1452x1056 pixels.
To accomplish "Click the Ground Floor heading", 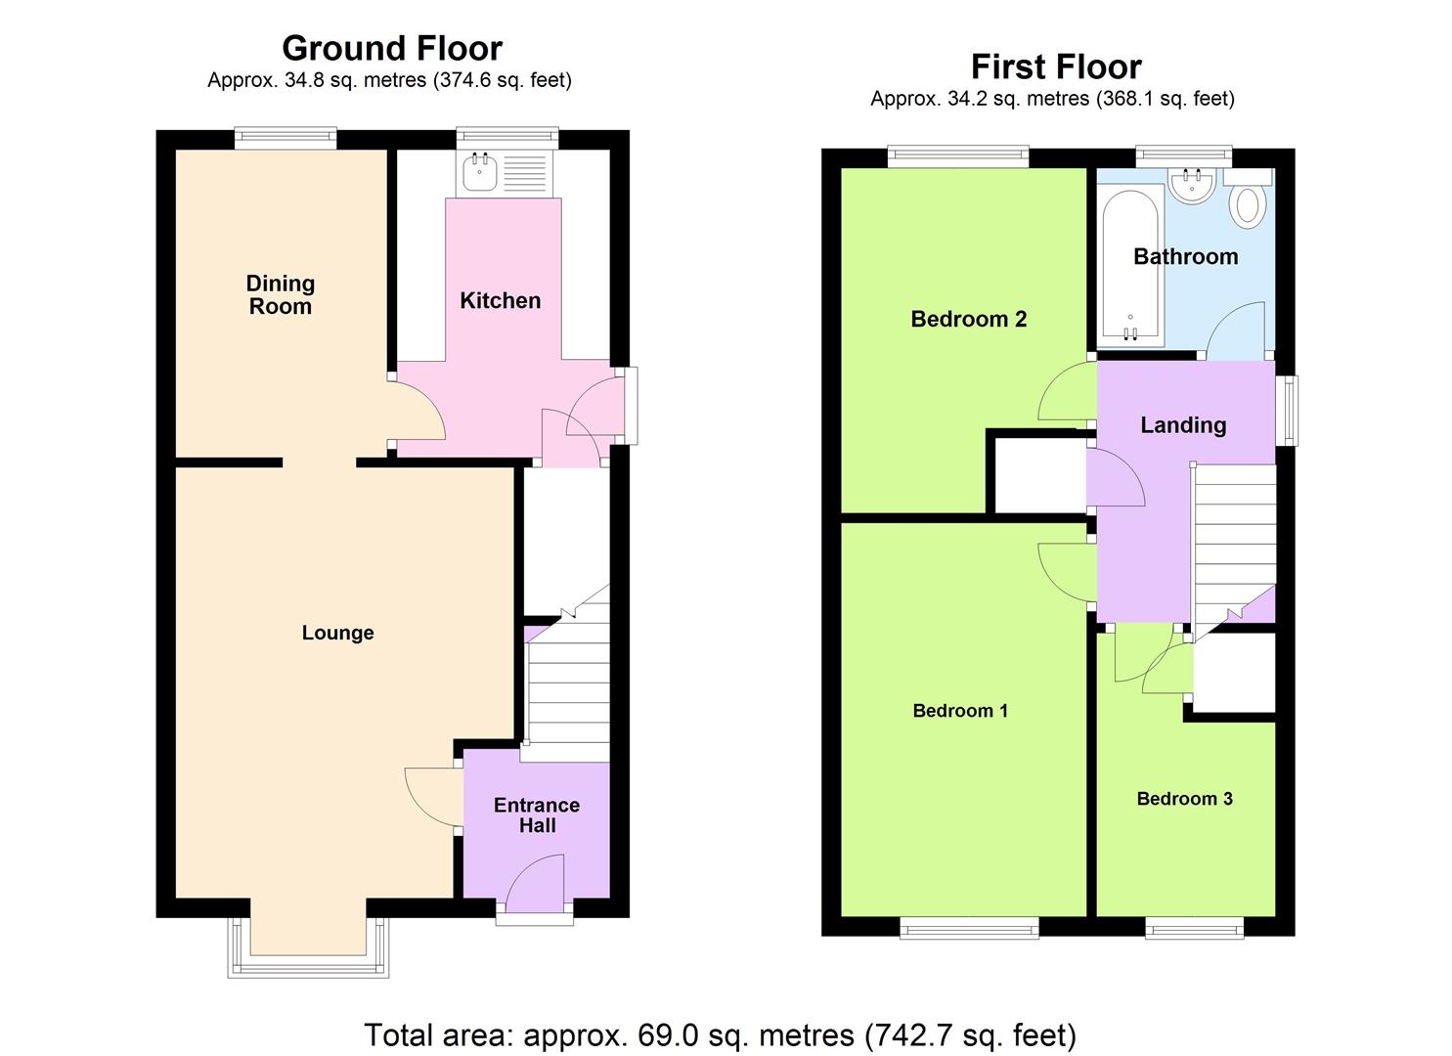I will (x=391, y=48).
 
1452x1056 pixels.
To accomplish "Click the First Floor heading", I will (x=1055, y=66).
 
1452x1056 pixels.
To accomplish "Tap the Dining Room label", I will (x=280, y=294).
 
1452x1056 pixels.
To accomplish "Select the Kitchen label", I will (x=500, y=300).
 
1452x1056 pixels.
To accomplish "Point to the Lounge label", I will (x=337, y=633).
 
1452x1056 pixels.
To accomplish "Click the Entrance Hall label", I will (x=536, y=814).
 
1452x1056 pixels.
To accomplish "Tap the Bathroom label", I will (x=1185, y=256).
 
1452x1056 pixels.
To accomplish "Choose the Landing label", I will (x=1182, y=424).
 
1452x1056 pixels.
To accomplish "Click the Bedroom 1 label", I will (x=959, y=711).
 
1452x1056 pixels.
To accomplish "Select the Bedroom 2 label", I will (x=968, y=319).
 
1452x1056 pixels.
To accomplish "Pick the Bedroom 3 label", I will (x=1184, y=799).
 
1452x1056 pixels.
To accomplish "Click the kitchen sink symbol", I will (x=482, y=174).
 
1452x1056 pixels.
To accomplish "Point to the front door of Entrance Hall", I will (x=534, y=915).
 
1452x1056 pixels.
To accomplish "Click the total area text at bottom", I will (x=720, y=1034).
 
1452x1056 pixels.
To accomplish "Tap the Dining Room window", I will (x=285, y=139).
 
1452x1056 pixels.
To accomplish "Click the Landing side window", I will (x=1289, y=411).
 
